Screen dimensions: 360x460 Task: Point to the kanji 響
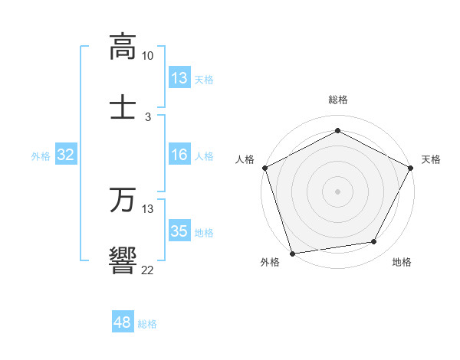tap(123, 260)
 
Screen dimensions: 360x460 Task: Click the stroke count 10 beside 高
tap(147, 56)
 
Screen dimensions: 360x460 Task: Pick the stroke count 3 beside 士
tap(148, 116)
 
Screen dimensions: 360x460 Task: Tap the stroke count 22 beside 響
tap(147, 270)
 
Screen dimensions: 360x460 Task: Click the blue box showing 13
tap(179, 78)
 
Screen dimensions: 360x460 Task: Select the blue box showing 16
tap(179, 155)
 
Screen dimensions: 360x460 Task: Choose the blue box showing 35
tap(179, 231)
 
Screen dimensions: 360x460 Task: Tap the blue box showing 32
tap(66, 155)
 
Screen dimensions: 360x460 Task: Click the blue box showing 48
tap(123, 323)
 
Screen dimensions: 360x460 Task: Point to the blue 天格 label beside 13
tap(204, 79)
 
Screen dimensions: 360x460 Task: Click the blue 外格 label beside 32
tap(41, 156)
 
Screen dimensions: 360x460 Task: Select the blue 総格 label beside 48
tap(147, 324)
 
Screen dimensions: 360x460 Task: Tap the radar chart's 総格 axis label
tap(337, 100)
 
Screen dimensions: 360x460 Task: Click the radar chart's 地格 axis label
tap(402, 263)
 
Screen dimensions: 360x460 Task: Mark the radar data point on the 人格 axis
tap(264, 168)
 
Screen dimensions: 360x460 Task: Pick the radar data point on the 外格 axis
tap(292, 253)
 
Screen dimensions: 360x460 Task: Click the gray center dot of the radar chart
tap(337, 191)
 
